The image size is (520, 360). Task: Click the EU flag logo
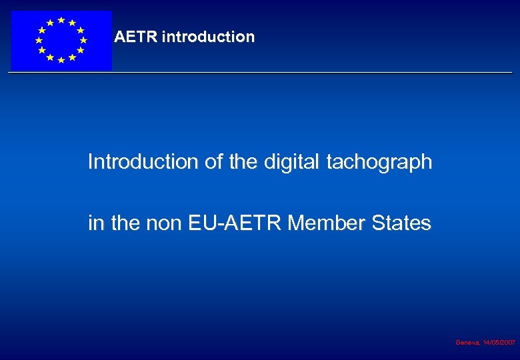[61, 40]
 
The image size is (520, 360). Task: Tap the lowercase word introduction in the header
[208, 37]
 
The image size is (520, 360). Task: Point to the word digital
[297, 162]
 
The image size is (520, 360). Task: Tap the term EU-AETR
[237, 223]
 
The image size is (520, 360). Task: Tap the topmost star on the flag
[61, 20]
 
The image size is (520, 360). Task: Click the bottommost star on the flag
[61, 61]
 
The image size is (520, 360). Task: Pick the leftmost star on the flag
[39, 40]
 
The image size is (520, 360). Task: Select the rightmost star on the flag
[83, 40]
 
